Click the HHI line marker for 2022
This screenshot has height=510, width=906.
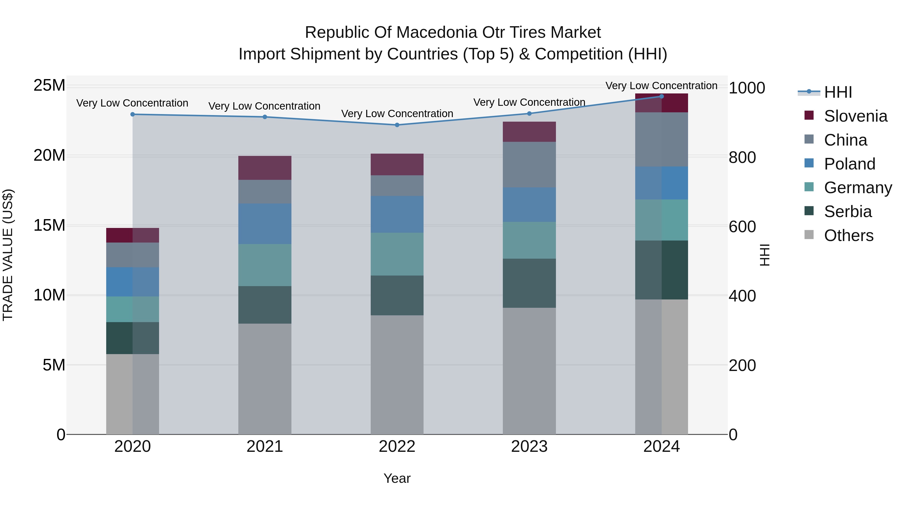[397, 125]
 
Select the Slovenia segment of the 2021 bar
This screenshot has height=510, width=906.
[265, 168]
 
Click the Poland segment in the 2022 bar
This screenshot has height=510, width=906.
[397, 214]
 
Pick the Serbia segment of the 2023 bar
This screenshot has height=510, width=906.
[529, 283]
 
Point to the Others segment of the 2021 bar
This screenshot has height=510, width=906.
[265, 379]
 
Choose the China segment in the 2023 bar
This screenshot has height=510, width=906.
[529, 165]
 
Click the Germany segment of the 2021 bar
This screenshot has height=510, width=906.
[265, 265]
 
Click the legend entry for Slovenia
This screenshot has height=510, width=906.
[855, 116]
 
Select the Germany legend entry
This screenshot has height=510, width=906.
[857, 188]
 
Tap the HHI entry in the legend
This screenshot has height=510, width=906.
[838, 92]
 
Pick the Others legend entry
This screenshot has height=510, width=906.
[848, 235]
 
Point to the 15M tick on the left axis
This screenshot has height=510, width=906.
[49, 225]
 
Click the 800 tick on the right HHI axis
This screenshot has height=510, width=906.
[742, 157]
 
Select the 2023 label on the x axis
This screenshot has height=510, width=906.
[529, 447]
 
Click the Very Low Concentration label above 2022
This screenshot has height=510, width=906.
[397, 114]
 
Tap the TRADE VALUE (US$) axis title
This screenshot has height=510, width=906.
[8, 255]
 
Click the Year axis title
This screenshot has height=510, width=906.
[397, 478]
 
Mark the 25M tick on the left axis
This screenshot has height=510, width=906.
[49, 86]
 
